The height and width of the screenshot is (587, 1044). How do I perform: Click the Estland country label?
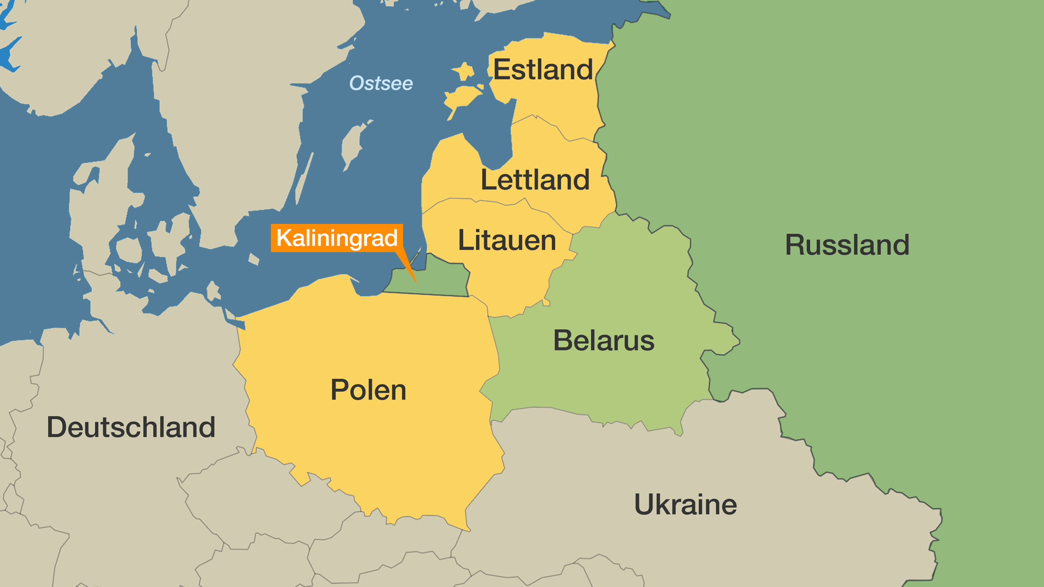point(543,70)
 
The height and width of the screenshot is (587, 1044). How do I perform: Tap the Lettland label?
point(535,180)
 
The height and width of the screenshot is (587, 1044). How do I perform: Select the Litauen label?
point(507,240)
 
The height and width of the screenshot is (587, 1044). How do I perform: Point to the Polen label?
point(368,390)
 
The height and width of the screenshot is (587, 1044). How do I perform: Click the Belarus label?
point(604,341)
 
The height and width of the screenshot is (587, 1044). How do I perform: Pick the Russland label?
point(847,245)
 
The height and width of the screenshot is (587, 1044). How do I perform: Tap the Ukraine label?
point(685,504)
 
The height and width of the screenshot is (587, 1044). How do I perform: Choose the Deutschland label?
point(131,427)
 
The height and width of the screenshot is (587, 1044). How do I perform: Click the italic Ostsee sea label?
point(381,83)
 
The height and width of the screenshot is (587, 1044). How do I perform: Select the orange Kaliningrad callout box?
point(337,238)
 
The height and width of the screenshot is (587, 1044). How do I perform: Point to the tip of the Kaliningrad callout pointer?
point(416,283)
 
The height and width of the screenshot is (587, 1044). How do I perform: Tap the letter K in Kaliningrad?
point(284,238)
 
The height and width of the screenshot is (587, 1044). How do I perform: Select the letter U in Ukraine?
point(644,504)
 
